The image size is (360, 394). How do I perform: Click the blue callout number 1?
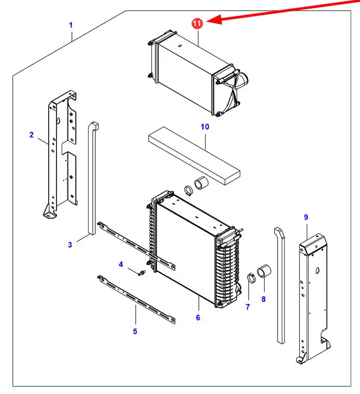pyautogui.click(x=71, y=25)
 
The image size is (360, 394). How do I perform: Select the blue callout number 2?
pyautogui.click(x=31, y=135)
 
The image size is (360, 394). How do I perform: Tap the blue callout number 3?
pyautogui.click(x=70, y=244)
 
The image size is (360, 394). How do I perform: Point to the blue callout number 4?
pyautogui.click(x=121, y=265)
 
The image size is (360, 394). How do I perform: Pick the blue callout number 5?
pyautogui.click(x=135, y=331)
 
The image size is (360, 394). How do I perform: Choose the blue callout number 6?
pyautogui.click(x=198, y=317)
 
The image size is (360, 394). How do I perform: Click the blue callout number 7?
pyautogui.click(x=248, y=307)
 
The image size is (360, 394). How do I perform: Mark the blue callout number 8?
pyautogui.click(x=263, y=299)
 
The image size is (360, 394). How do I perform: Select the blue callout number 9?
pyautogui.click(x=306, y=217)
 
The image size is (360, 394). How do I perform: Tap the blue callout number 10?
pyautogui.click(x=205, y=126)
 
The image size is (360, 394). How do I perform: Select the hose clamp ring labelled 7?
pyautogui.click(x=251, y=277)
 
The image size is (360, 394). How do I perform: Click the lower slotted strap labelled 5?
pyautogui.click(x=136, y=298)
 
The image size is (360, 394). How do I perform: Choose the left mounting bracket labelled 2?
pyautogui.click(x=60, y=155)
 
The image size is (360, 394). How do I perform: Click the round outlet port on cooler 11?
pyautogui.click(x=241, y=82)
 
